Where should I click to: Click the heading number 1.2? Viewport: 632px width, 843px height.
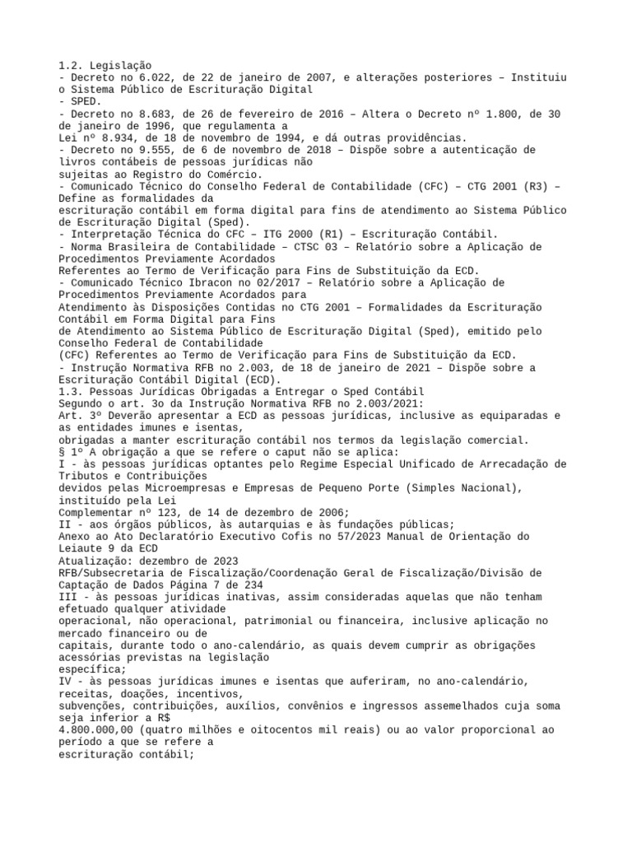pos(72,65)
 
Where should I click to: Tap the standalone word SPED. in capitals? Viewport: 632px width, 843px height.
pos(84,101)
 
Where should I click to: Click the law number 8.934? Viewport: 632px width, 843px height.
pos(114,137)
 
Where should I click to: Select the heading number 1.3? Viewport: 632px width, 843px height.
pos(72,391)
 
